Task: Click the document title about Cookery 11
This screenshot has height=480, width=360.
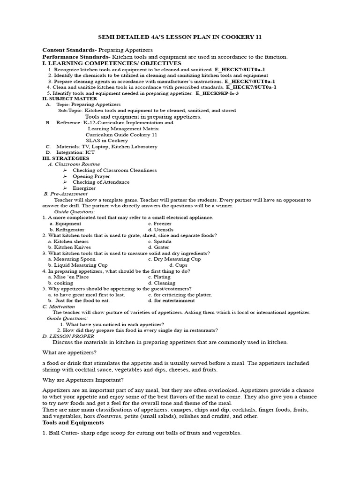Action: coord(180,37)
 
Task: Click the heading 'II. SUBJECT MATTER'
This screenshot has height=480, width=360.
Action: coord(69,98)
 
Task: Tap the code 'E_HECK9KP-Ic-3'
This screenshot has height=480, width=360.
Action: coord(217,93)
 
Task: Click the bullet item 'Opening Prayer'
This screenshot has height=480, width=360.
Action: coord(91,176)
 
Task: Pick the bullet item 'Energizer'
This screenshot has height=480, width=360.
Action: coord(84,188)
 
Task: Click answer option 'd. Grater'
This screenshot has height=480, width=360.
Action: coord(158,247)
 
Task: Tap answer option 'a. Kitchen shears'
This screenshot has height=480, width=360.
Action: coord(69,241)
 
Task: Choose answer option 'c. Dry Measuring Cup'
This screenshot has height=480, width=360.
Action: coord(174,259)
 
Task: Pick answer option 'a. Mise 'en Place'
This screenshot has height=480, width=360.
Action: coord(68,277)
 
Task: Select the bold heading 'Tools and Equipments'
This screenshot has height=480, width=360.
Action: coord(73,422)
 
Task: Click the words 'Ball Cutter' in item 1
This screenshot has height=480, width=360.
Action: coord(64,433)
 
